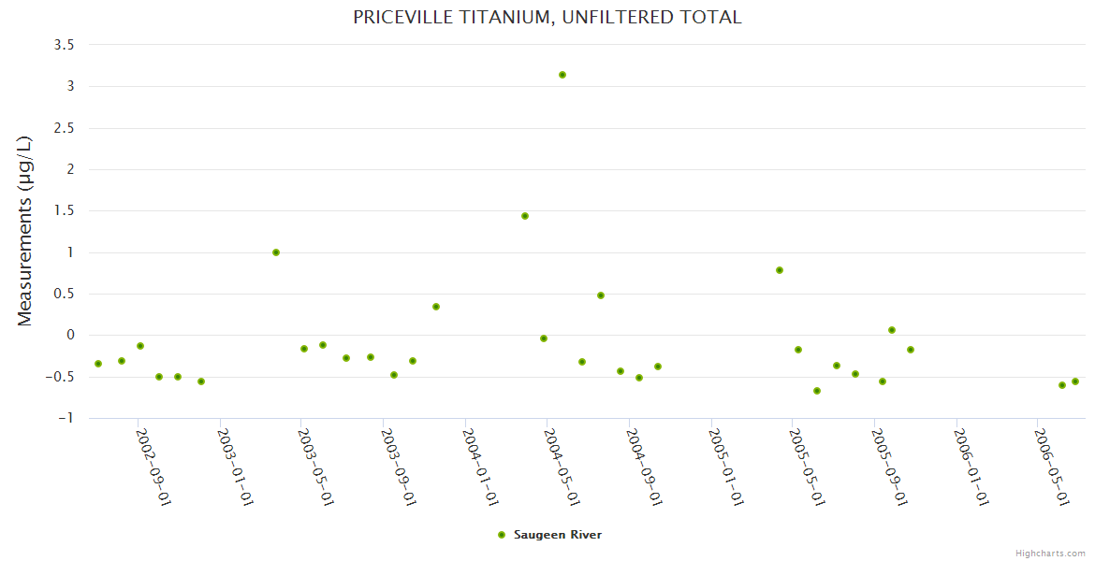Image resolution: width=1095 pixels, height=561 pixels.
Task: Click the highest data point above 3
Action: pyautogui.click(x=562, y=75)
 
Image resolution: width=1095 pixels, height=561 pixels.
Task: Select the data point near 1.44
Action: pyautogui.click(x=525, y=216)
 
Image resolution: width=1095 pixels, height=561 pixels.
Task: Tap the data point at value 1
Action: pyautogui.click(x=276, y=252)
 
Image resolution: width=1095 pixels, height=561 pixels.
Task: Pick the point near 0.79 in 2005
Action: pyautogui.click(x=780, y=270)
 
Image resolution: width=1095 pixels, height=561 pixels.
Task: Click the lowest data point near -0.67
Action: pyautogui.click(x=817, y=391)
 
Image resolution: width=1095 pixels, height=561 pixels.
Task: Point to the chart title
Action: pyautogui.click(x=547, y=17)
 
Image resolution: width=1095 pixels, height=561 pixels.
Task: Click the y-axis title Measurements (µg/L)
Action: pyautogui.click(x=25, y=231)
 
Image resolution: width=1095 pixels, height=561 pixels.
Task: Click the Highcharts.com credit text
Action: pyautogui.click(x=1050, y=554)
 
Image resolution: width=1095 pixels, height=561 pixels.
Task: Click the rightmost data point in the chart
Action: pyautogui.click(x=1075, y=381)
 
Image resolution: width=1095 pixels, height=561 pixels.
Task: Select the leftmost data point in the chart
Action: pyautogui.click(x=98, y=364)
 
